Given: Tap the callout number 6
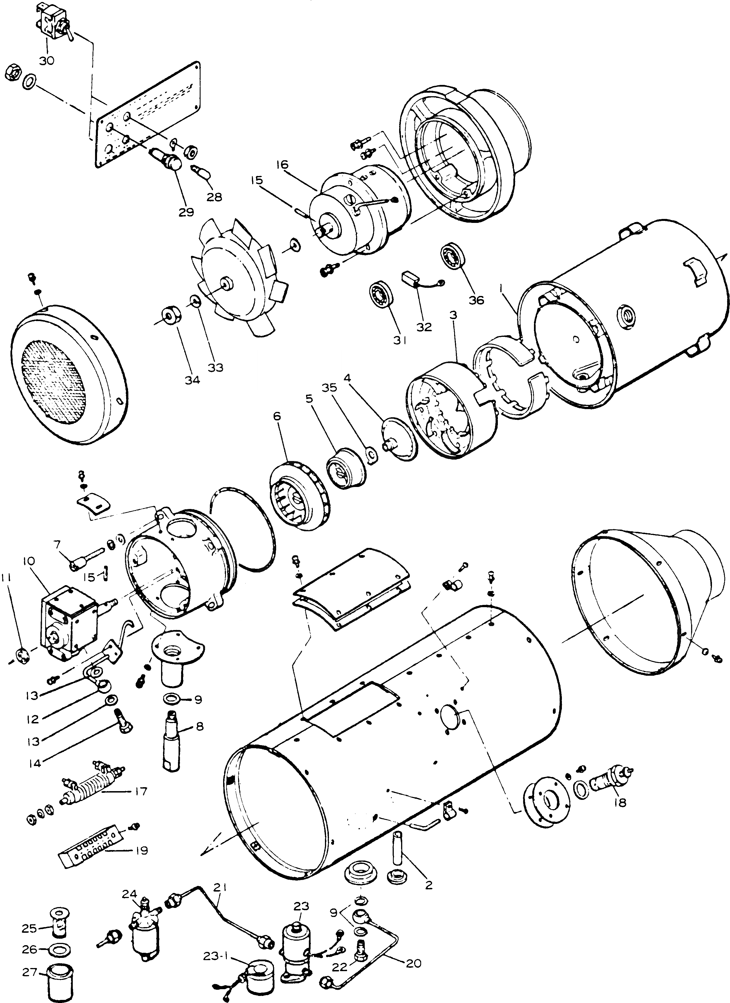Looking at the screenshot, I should (277, 416).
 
